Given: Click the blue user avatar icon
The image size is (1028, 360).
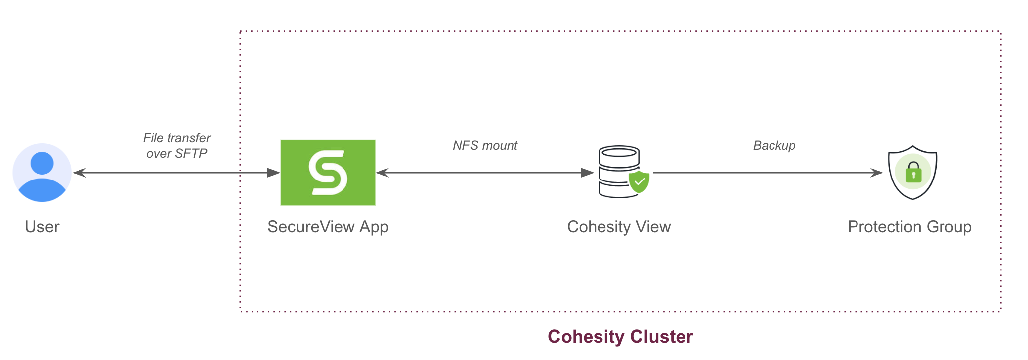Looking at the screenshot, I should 42,173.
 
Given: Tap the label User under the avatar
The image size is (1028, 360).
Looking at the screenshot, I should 42,227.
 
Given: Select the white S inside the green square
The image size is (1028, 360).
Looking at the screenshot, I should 328,173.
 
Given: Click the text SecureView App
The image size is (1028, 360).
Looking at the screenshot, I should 328,227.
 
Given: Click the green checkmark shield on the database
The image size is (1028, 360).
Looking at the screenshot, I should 639,182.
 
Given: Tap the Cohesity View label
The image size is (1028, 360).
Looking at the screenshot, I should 619,227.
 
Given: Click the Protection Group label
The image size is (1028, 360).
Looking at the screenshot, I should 909,227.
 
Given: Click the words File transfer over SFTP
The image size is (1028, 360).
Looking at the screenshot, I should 177,145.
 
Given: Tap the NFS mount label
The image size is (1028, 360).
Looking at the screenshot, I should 485,145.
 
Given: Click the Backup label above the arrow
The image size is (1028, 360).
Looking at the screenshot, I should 774,145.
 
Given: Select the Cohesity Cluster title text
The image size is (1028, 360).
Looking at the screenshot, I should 620,337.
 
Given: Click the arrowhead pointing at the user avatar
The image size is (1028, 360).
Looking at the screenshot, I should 79,173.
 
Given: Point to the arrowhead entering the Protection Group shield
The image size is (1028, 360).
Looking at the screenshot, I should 876,173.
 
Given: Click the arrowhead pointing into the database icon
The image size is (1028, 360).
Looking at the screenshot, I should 588,173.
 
